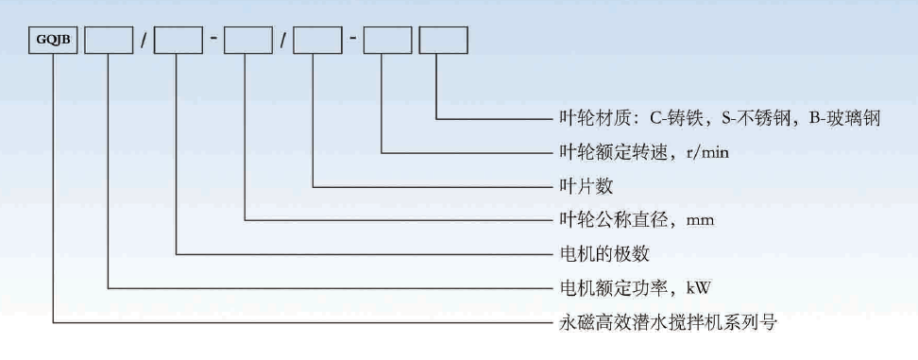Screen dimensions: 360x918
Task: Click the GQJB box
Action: (x=53, y=42)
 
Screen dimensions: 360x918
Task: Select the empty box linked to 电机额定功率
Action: (x=109, y=42)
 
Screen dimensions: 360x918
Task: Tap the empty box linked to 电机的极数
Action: (x=178, y=42)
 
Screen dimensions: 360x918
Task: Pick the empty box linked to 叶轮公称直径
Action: (x=247, y=42)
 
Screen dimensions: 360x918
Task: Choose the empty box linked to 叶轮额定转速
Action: (x=386, y=42)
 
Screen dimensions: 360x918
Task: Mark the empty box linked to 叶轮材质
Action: (x=442, y=42)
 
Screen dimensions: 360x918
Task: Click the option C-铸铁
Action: (x=676, y=118)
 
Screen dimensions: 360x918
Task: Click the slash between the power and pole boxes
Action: (x=144, y=43)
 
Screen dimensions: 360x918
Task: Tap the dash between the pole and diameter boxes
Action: (x=213, y=43)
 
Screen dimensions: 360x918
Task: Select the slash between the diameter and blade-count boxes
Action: (x=282, y=43)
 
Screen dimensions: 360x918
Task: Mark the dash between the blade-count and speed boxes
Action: (x=351, y=43)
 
